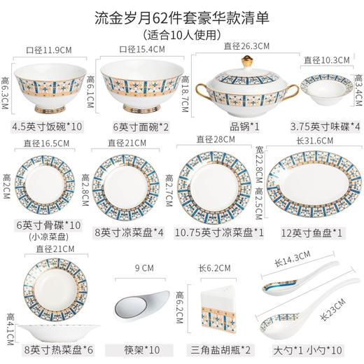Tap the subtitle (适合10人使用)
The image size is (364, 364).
181,34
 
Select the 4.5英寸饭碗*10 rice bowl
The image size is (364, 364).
48,87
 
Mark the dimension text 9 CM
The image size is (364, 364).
143,267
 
